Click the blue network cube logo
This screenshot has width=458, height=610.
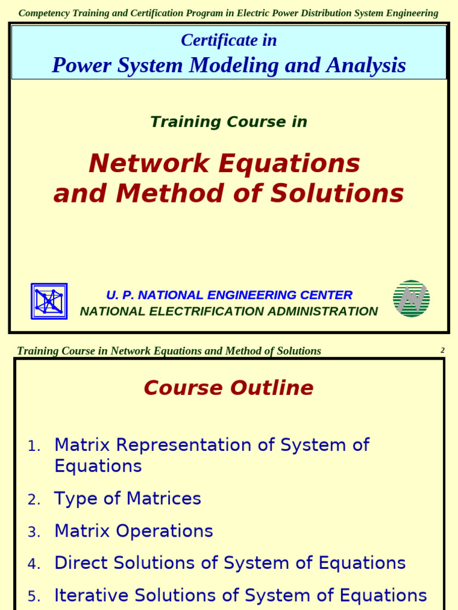coord(49,301)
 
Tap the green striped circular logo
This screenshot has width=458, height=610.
coord(411,298)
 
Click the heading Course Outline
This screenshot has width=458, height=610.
coord(228,388)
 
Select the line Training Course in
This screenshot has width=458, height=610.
coord(228,122)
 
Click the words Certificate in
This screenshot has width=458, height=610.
coord(228,41)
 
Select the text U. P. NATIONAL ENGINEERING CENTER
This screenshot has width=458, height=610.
coord(229,295)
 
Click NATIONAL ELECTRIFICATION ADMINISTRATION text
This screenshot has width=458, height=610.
coord(228,312)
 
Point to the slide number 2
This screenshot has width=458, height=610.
coord(442,350)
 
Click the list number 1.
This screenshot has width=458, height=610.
coord(34,446)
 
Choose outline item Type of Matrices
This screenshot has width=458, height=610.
coord(128,499)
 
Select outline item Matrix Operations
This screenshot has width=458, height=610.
coord(134,531)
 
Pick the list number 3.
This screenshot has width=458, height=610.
coord(34,532)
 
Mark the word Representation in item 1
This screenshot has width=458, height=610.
coord(199,445)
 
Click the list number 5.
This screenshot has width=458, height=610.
coord(34,596)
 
